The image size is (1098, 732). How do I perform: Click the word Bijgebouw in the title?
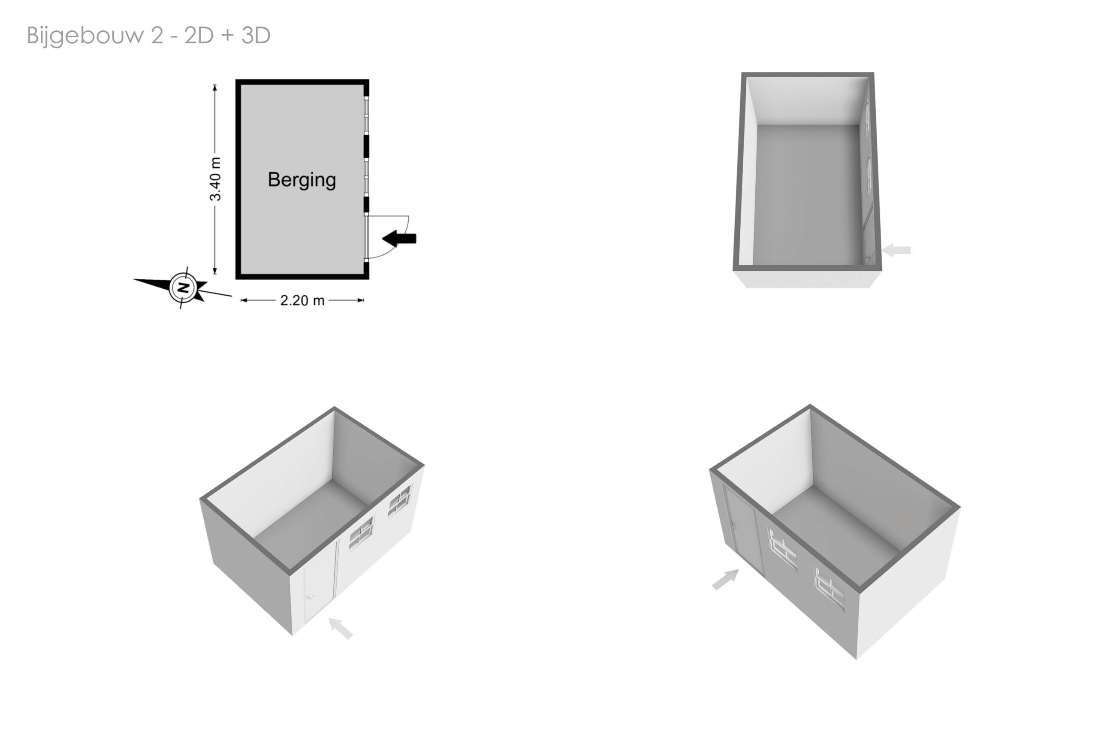85,36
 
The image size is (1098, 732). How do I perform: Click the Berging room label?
302,180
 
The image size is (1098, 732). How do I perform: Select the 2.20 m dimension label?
302,300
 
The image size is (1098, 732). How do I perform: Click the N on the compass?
184,287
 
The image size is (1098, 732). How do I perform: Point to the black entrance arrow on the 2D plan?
399,239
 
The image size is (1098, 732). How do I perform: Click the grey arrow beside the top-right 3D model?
896,250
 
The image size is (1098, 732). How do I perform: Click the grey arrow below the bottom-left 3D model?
341,628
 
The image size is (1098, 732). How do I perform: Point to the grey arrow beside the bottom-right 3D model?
726,579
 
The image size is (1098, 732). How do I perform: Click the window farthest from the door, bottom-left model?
399,500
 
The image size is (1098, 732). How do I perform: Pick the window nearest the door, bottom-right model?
783,549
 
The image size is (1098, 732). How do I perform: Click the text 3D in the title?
256,36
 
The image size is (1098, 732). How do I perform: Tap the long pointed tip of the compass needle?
133,280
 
